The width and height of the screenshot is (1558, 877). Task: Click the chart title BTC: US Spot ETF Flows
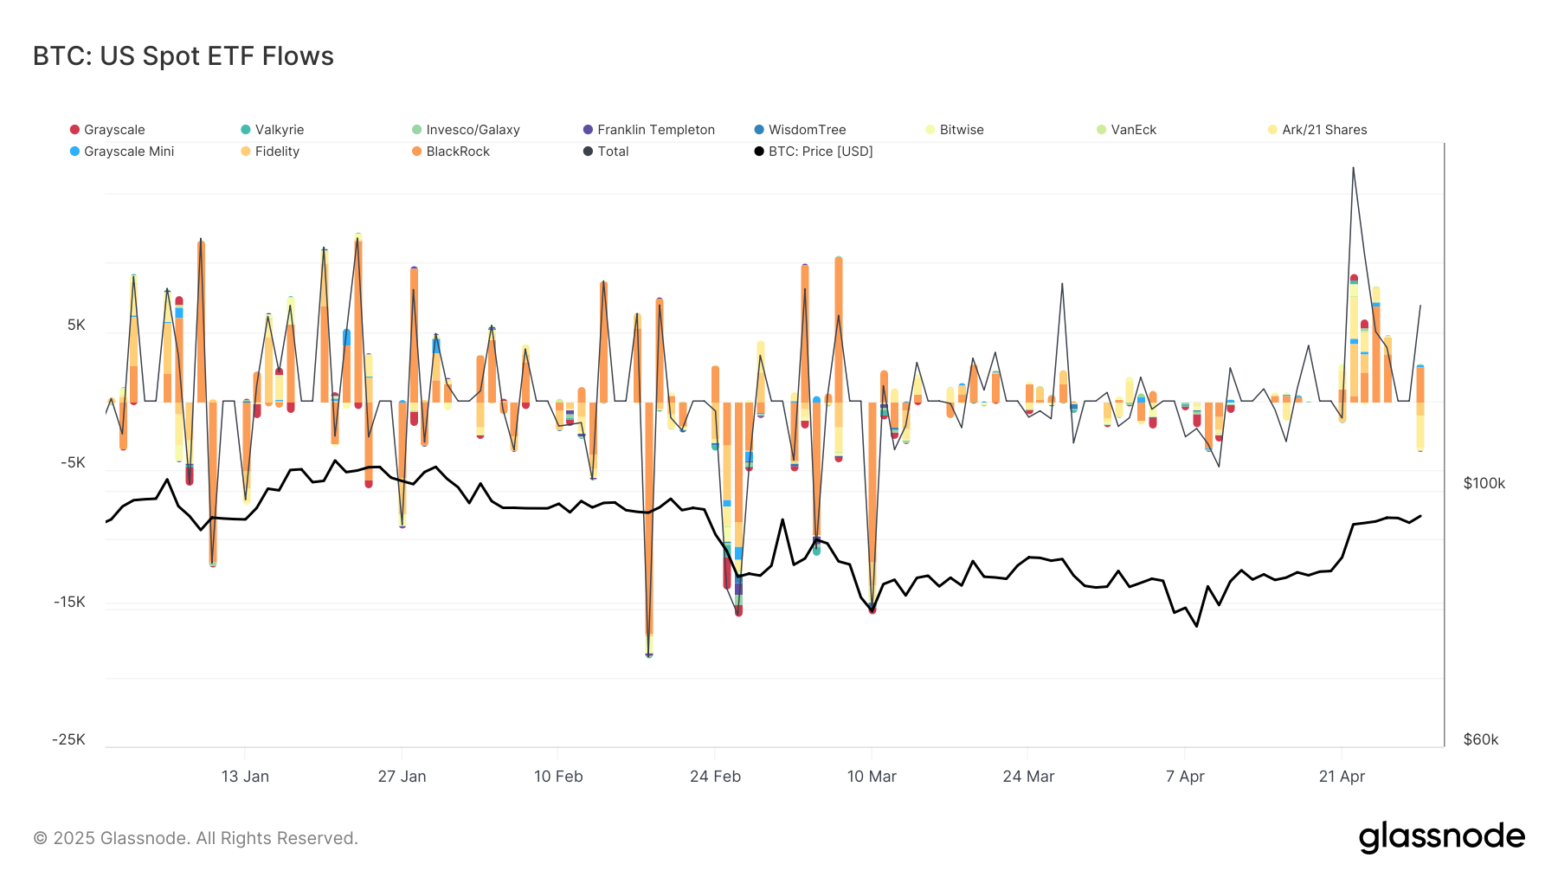click(183, 56)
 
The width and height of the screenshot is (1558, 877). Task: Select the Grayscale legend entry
click(113, 130)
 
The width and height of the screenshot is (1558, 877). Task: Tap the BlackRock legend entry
click(457, 152)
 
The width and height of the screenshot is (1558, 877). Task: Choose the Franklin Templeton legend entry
click(655, 130)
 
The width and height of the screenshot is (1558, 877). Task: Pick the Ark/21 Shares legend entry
click(1323, 130)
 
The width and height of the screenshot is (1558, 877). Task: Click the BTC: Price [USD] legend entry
click(820, 152)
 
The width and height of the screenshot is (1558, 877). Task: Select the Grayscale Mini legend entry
click(128, 152)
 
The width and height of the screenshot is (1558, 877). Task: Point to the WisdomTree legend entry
click(807, 130)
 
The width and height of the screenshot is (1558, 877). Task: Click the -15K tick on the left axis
click(69, 602)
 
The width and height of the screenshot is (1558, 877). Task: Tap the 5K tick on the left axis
click(76, 325)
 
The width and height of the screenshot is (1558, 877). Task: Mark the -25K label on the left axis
click(68, 739)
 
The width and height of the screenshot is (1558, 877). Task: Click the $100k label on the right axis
click(1484, 483)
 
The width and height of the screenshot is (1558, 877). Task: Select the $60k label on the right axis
click(1480, 739)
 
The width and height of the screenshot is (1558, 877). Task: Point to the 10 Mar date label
click(872, 777)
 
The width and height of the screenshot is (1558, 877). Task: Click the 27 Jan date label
click(402, 777)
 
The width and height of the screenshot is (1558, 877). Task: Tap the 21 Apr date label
click(1342, 777)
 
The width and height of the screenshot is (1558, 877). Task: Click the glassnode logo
click(1441, 837)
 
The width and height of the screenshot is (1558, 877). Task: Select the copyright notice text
click(196, 838)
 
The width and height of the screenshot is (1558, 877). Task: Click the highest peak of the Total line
click(1353, 168)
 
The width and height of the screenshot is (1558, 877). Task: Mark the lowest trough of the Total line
click(649, 656)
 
